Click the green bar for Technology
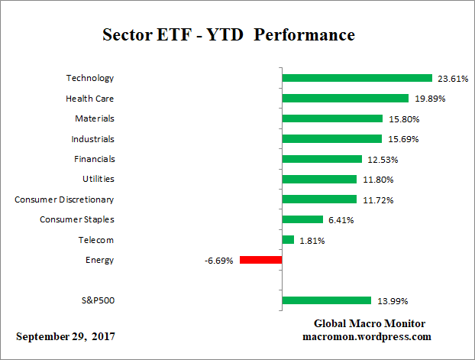[x=357, y=78]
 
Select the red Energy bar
[x=260, y=260]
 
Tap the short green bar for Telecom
[x=288, y=240]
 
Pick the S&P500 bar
[x=326, y=301]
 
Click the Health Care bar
[x=345, y=98]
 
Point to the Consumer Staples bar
[x=302, y=220]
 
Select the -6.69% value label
[x=218, y=261]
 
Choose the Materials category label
[x=94, y=118]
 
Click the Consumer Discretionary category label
[x=64, y=199]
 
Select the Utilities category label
[x=98, y=179]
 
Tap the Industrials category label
[x=92, y=138]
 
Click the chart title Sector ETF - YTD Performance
[x=228, y=35]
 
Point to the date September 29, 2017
[x=66, y=337]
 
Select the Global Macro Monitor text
[x=369, y=323]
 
